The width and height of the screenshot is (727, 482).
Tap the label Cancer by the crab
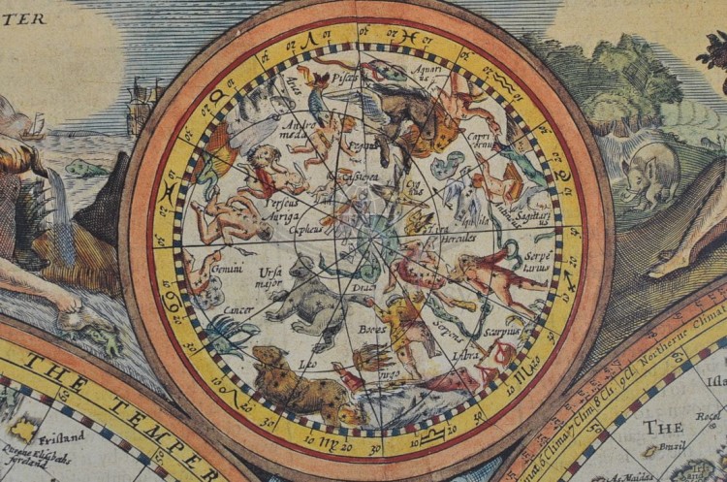pyautogui.click(x=237, y=308)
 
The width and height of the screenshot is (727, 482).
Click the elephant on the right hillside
pyautogui.click(x=650, y=170)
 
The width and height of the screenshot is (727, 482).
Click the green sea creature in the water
pyautogui.click(x=87, y=169)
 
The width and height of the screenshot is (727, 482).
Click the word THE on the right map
pyautogui.click(x=663, y=427)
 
